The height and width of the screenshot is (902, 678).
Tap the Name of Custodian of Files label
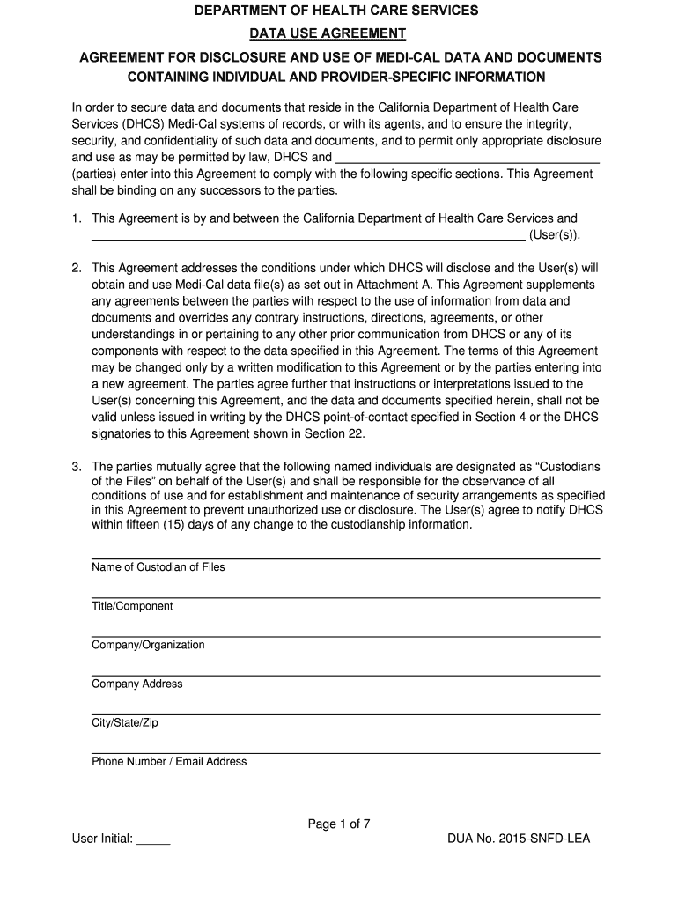[158, 567]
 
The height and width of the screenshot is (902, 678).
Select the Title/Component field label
[132, 606]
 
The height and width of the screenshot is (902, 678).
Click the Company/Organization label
[148, 645]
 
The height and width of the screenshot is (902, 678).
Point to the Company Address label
[137, 684]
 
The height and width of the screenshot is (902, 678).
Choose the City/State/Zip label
[125, 722]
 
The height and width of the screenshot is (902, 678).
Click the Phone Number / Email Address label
[169, 761]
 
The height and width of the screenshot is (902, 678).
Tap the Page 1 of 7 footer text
[339, 824]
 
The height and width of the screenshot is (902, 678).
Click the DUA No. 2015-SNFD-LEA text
[519, 839]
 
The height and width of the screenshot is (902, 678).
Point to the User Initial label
[102, 839]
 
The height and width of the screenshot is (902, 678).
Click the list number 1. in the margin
[77, 218]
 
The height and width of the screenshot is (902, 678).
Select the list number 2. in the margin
[77, 268]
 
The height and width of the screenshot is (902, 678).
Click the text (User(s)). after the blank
[556, 235]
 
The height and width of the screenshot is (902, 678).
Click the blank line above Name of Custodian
[345, 558]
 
